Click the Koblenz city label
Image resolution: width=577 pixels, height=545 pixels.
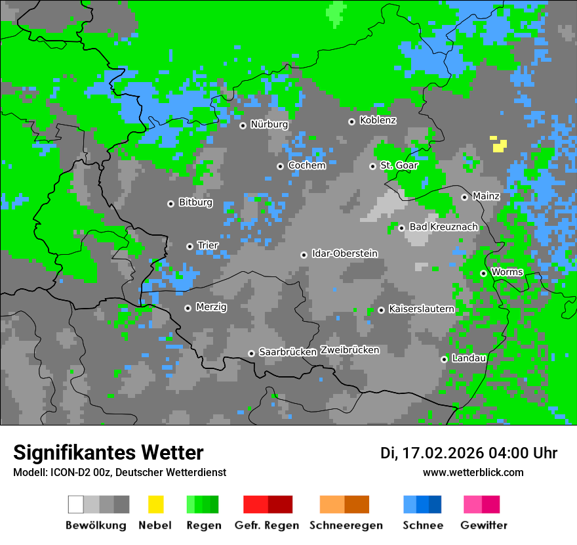pos(378,121)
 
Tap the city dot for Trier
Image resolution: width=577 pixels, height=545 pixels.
pos(190,246)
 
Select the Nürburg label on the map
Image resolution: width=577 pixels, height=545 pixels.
pos(269,125)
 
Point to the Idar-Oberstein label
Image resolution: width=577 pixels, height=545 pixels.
pos(344,254)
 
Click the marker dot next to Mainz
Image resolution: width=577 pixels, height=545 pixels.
pos(464,197)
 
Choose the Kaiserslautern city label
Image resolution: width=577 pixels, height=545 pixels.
pos(421,309)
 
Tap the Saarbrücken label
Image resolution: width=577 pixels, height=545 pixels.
pos(288,353)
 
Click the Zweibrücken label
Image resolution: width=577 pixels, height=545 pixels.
pos(349,350)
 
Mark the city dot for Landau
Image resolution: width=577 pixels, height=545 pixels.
pos(444,359)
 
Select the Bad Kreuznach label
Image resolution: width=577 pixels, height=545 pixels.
pos(443,227)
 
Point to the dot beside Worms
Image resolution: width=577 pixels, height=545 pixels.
pos(483,273)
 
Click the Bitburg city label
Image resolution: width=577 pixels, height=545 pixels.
pos(195,203)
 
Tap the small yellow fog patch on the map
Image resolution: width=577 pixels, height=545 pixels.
pos(499,144)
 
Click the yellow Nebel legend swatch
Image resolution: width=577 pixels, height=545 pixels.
pos(155,504)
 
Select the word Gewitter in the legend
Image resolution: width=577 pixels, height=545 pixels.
pos(483,525)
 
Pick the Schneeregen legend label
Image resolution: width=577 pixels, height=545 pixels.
pos(345,525)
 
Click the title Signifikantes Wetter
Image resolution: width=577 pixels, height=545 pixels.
pos(108,453)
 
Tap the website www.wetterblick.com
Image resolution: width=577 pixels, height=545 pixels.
pos(473,473)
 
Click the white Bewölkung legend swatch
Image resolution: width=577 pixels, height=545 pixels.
pos(76,504)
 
